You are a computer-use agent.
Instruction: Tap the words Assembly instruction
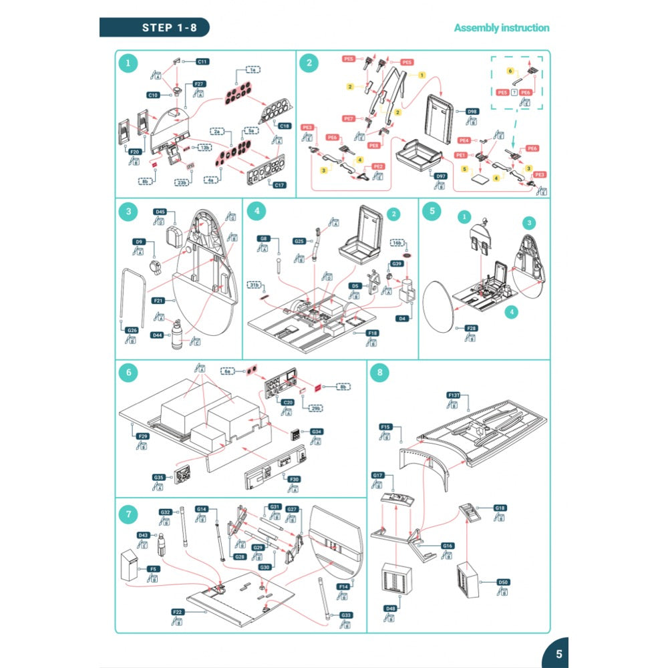pyautogui.click(x=502, y=28)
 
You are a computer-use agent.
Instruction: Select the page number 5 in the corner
pyautogui.click(x=558, y=654)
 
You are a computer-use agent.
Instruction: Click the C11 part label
pyautogui.click(x=202, y=61)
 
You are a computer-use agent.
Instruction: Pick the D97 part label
pyautogui.click(x=440, y=176)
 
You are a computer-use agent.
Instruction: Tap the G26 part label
pyautogui.click(x=132, y=330)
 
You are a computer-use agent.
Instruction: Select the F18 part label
pyautogui.click(x=373, y=332)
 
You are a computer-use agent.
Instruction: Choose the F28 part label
pyautogui.click(x=472, y=329)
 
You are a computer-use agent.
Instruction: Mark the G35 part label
pyautogui.click(x=159, y=478)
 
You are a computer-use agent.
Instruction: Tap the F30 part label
pyautogui.click(x=294, y=479)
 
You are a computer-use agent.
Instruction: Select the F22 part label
pyautogui.click(x=178, y=612)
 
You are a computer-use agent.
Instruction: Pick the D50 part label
pyautogui.click(x=504, y=582)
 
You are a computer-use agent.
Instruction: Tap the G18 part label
pyautogui.click(x=500, y=508)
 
